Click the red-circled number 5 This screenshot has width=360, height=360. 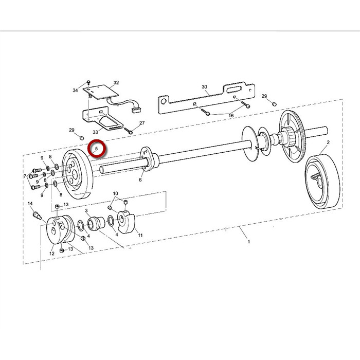point(97,149)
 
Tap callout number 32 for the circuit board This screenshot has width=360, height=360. point(116,82)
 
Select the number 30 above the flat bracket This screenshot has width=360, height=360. point(204,87)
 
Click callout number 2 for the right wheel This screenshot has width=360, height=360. point(328,142)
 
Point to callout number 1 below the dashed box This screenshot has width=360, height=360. point(248,242)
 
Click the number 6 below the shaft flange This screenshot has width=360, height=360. point(140,180)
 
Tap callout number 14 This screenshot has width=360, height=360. point(30,204)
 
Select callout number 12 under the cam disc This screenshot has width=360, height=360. point(52,254)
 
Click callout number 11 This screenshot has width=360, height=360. point(140,236)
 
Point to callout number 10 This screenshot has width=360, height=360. point(115,193)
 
